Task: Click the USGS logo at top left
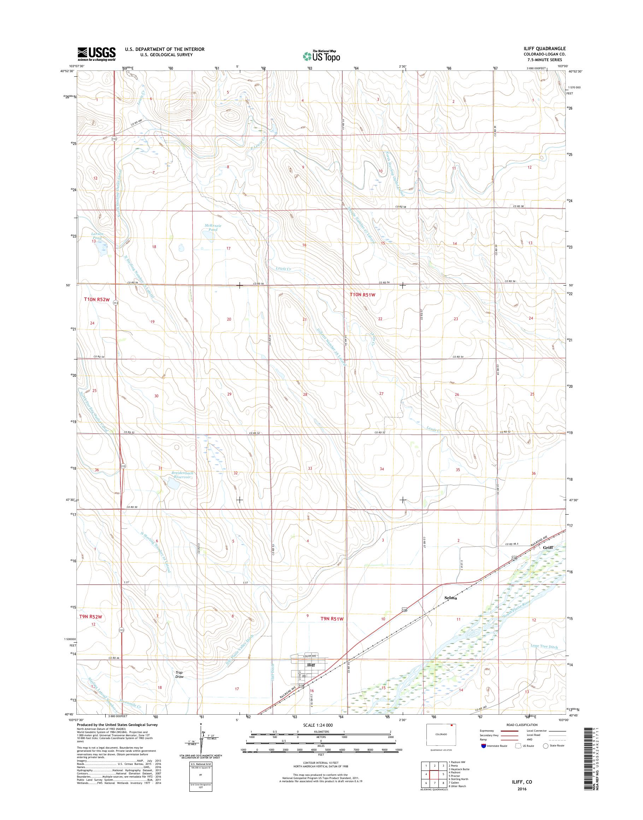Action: click(x=96, y=53)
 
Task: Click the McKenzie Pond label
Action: click(x=213, y=227)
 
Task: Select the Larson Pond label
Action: click(x=97, y=236)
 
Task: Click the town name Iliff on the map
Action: click(x=311, y=676)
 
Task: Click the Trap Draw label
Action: click(x=179, y=685)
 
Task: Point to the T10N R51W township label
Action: click(x=362, y=295)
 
